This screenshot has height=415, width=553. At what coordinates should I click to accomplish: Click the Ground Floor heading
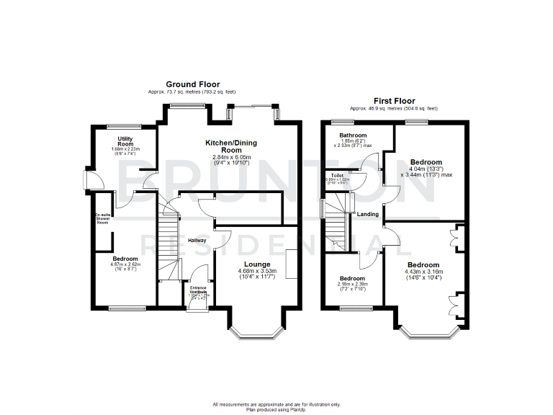pos(193,84)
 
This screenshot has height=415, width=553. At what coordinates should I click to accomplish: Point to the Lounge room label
pos(257,264)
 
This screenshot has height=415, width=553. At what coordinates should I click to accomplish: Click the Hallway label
pos(197,241)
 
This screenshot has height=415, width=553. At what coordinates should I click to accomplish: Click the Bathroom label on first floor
pos(353,135)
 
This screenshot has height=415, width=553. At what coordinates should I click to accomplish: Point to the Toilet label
pos(336,175)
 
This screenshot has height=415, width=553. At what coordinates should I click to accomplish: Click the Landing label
pos(369,213)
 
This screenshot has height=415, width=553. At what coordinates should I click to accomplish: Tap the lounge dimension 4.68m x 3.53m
pos(257,272)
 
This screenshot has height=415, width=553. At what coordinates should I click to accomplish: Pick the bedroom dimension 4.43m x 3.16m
pos(424,272)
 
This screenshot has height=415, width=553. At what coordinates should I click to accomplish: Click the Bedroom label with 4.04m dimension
pos(426,162)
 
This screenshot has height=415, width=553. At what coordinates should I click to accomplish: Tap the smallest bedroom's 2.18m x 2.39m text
pos(353,285)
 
